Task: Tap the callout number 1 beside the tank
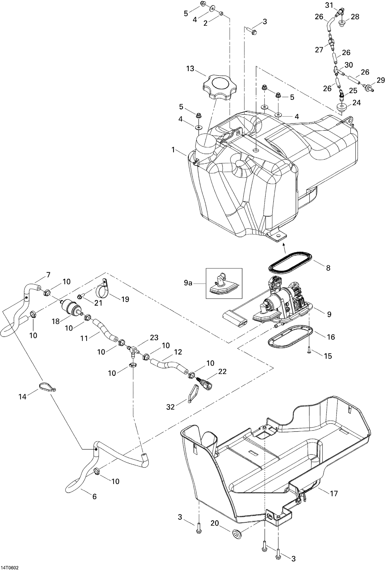[173, 150]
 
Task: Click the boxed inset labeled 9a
[224, 283]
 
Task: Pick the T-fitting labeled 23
[133, 350]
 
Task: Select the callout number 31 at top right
[329, 5]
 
